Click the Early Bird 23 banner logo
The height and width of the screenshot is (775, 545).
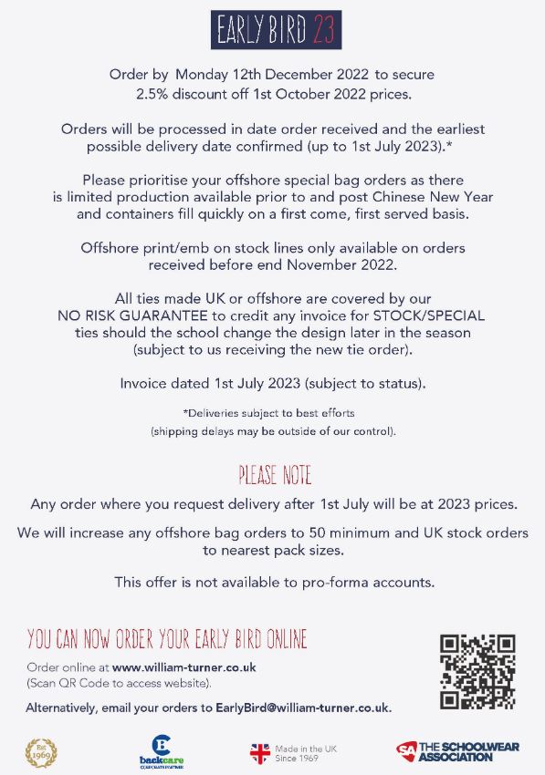pyautogui.click(x=276, y=30)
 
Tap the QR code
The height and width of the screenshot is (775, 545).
pyautogui.click(x=477, y=672)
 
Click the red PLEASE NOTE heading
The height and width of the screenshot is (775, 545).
pyautogui.click(x=275, y=476)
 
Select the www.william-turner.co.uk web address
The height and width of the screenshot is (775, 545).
pyautogui.click(x=183, y=667)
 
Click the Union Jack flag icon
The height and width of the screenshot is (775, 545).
pyautogui.click(x=260, y=753)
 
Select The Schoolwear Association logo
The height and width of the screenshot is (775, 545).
pyautogui.click(x=457, y=752)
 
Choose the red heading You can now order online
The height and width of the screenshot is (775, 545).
pyautogui.click(x=167, y=637)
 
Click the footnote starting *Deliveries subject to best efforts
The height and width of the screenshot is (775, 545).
pyautogui.click(x=272, y=414)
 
